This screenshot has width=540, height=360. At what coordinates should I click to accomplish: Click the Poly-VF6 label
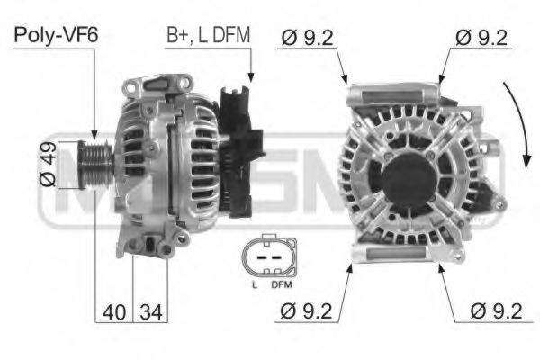tap(56, 35)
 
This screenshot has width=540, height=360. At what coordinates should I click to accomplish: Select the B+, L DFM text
tap(209, 35)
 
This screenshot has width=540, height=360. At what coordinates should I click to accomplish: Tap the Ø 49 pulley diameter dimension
tap(48, 165)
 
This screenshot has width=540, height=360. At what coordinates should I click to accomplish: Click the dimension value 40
tap(114, 312)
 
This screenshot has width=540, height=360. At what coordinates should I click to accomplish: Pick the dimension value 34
tap(151, 312)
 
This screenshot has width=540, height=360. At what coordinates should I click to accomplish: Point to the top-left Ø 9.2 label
tap(307, 38)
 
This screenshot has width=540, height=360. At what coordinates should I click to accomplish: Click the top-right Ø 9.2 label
tap(481, 38)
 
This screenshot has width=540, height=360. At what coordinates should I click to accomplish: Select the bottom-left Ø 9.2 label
tap(306, 311)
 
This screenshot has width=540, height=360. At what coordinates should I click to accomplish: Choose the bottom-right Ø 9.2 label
tap(496, 311)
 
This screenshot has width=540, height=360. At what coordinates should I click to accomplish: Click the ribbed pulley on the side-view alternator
tap(95, 165)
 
